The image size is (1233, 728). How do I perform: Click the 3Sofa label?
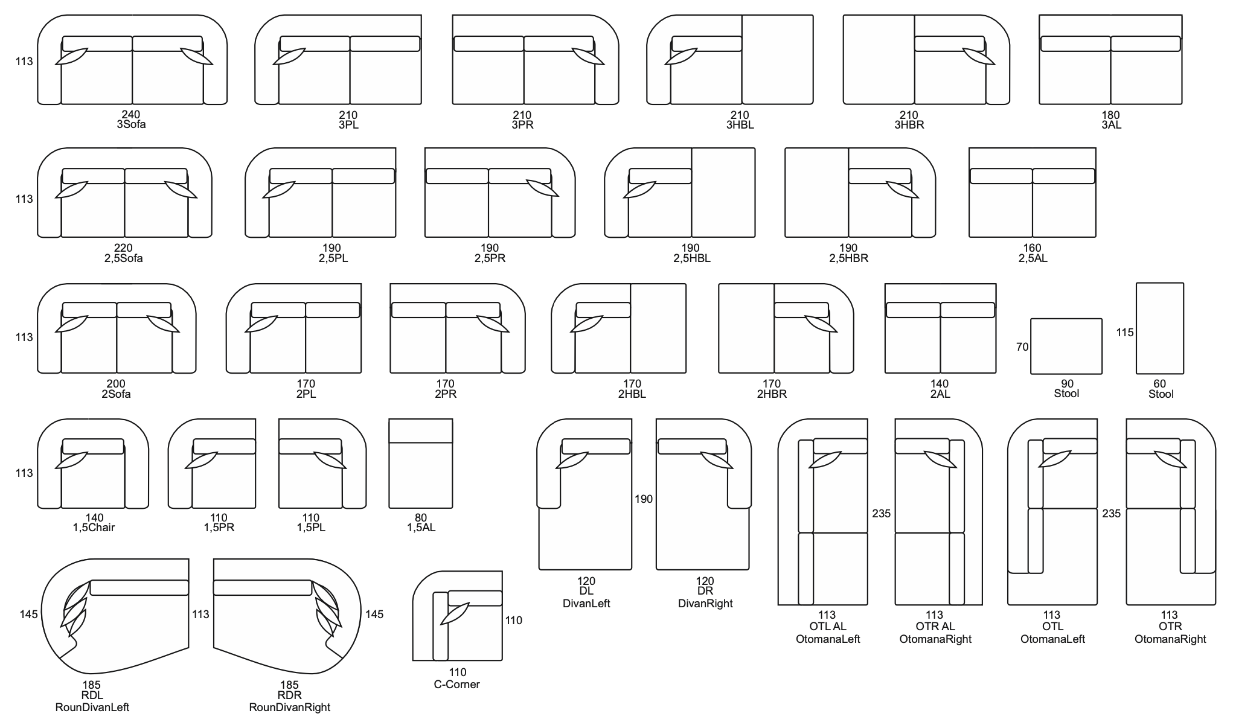coord(131,125)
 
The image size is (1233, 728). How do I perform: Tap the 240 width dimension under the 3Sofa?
coord(131,114)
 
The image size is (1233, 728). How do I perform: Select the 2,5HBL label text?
coord(692,258)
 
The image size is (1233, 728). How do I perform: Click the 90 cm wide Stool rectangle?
coord(1066,346)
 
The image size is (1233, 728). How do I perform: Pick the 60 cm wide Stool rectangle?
coord(1159,328)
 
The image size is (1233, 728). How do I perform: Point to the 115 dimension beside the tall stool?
coord(1125,333)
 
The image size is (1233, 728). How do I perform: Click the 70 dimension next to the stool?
coord(1022,347)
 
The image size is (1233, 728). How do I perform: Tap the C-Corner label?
coord(457,685)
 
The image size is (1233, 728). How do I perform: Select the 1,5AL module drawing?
coord(420,464)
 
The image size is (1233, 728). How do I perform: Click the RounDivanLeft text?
coord(92,707)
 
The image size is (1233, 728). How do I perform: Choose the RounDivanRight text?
coord(290,707)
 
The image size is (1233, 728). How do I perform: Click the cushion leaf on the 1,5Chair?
coord(72,459)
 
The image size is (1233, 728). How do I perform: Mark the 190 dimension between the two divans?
coord(644,499)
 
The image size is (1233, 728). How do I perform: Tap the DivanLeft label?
coord(586,603)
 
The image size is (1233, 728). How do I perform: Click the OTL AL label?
coord(828,627)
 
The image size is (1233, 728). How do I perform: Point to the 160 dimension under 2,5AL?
coord(1033,247)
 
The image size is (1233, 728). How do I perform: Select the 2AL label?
coord(940,394)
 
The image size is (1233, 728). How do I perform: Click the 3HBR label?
coord(909,125)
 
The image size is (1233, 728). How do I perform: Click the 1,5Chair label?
coord(94,528)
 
